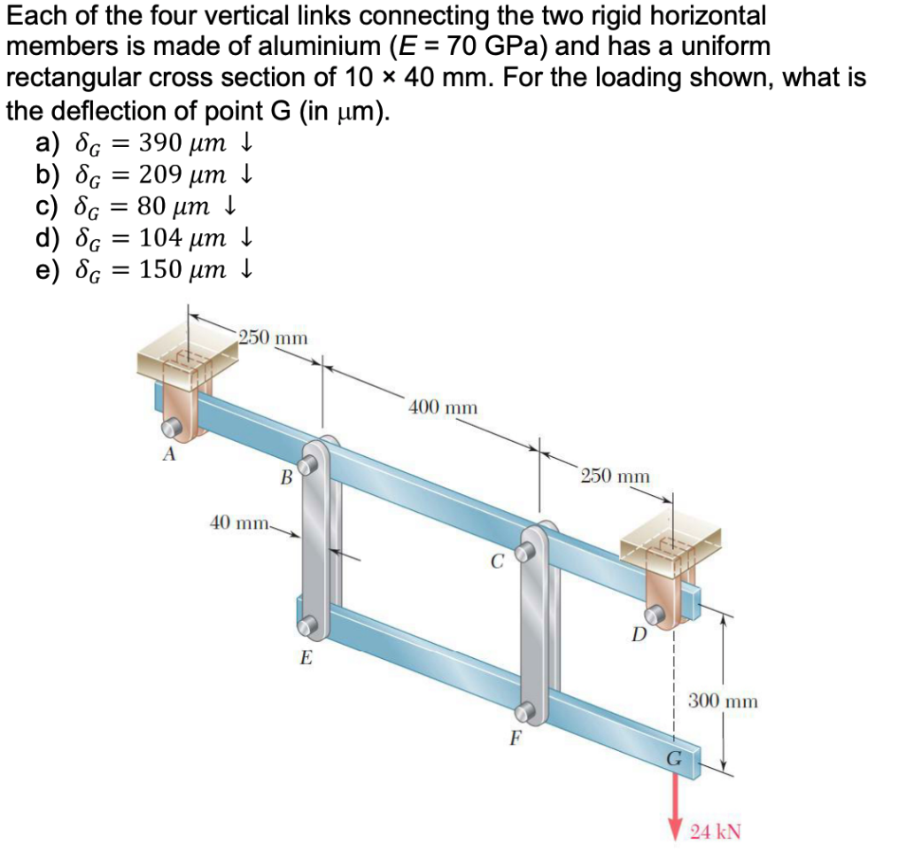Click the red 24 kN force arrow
[678, 798]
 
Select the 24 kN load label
[716, 832]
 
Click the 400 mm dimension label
[443, 407]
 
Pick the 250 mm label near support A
[273, 337]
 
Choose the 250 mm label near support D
[615, 476]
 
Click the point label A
[168, 456]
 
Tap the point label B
[286, 479]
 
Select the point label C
[497, 560]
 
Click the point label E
[306, 658]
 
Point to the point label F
[515, 738]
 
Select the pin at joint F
[527, 710]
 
